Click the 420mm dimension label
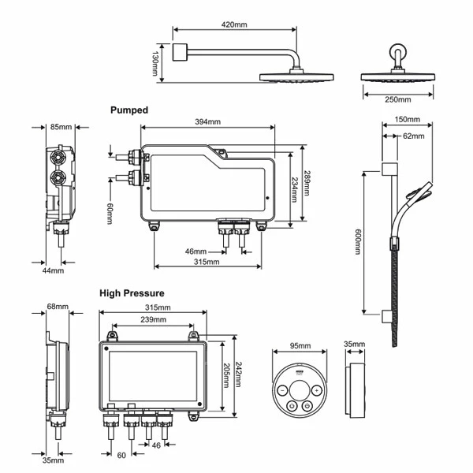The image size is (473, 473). pos(234,24)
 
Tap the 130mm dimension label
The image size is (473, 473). pos(155,64)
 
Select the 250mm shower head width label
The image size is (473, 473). pos(398,99)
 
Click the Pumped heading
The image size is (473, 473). pos(129,110)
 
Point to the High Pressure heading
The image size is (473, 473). pos(132,293)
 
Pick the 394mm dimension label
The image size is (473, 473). pos(207,122)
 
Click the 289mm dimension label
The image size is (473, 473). pos(307,184)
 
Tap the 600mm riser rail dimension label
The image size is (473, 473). pos(358,242)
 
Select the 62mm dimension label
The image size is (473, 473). pos(414,136)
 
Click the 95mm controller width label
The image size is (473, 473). pos(300,346)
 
